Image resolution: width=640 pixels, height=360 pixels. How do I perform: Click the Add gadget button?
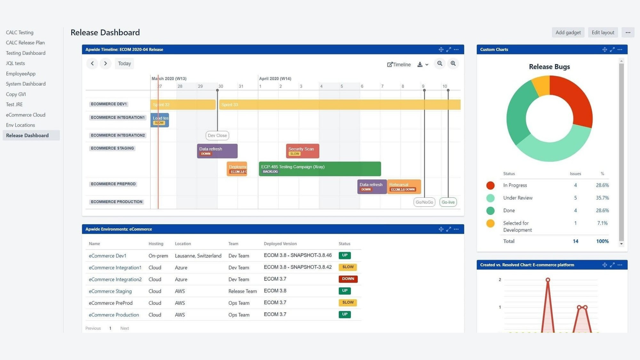click(568, 32)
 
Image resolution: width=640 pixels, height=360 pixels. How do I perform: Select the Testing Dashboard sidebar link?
click(26, 53)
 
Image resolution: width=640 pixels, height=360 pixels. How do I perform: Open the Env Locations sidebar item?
click(20, 125)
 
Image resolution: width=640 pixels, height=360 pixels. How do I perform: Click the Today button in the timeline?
click(124, 64)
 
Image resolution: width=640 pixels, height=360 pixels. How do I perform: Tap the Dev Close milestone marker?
click(217, 136)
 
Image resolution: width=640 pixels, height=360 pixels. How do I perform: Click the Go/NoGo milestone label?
click(424, 202)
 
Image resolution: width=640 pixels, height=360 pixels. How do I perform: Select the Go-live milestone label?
click(448, 202)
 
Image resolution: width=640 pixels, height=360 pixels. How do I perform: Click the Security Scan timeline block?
click(302, 151)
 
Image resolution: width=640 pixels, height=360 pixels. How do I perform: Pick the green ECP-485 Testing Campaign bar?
click(320, 169)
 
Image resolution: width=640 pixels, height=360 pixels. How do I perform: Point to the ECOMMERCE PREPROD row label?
click(113, 184)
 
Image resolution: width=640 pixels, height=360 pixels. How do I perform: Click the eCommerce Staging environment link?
click(110, 291)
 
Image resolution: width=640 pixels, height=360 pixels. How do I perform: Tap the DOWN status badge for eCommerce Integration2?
click(348, 279)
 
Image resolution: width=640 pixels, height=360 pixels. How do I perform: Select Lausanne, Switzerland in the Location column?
click(198, 256)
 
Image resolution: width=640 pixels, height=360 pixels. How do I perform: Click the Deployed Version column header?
click(280, 244)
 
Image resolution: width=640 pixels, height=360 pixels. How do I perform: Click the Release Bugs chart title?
click(549, 67)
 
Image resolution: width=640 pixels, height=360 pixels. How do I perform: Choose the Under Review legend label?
click(518, 198)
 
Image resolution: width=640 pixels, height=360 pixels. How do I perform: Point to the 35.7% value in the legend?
click(602, 198)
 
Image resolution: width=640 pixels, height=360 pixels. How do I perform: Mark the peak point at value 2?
click(548, 280)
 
